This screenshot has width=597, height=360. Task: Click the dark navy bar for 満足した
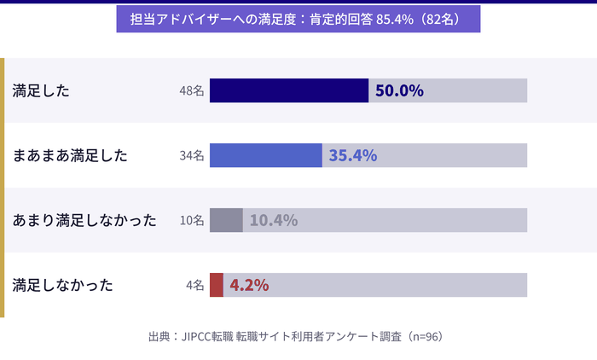(x=288, y=90)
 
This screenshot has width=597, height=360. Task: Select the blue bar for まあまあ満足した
(x=265, y=155)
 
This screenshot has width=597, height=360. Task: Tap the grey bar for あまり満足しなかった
(x=226, y=220)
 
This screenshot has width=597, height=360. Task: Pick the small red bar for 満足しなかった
(x=217, y=285)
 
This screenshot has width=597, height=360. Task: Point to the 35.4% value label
(x=352, y=155)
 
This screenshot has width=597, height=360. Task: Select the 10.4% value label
(x=273, y=220)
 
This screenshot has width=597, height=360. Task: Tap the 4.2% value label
(x=249, y=285)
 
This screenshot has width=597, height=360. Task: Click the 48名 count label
(x=192, y=91)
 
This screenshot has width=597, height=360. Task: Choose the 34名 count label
(x=192, y=156)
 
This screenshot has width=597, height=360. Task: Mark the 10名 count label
(x=192, y=221)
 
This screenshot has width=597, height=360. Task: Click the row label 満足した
(x=41, y=91)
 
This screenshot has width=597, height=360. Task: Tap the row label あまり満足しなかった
(x=84, y=221)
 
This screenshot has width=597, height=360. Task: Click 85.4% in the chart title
(x=395, y=19)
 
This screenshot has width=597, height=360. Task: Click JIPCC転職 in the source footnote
(x=207, y=337)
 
